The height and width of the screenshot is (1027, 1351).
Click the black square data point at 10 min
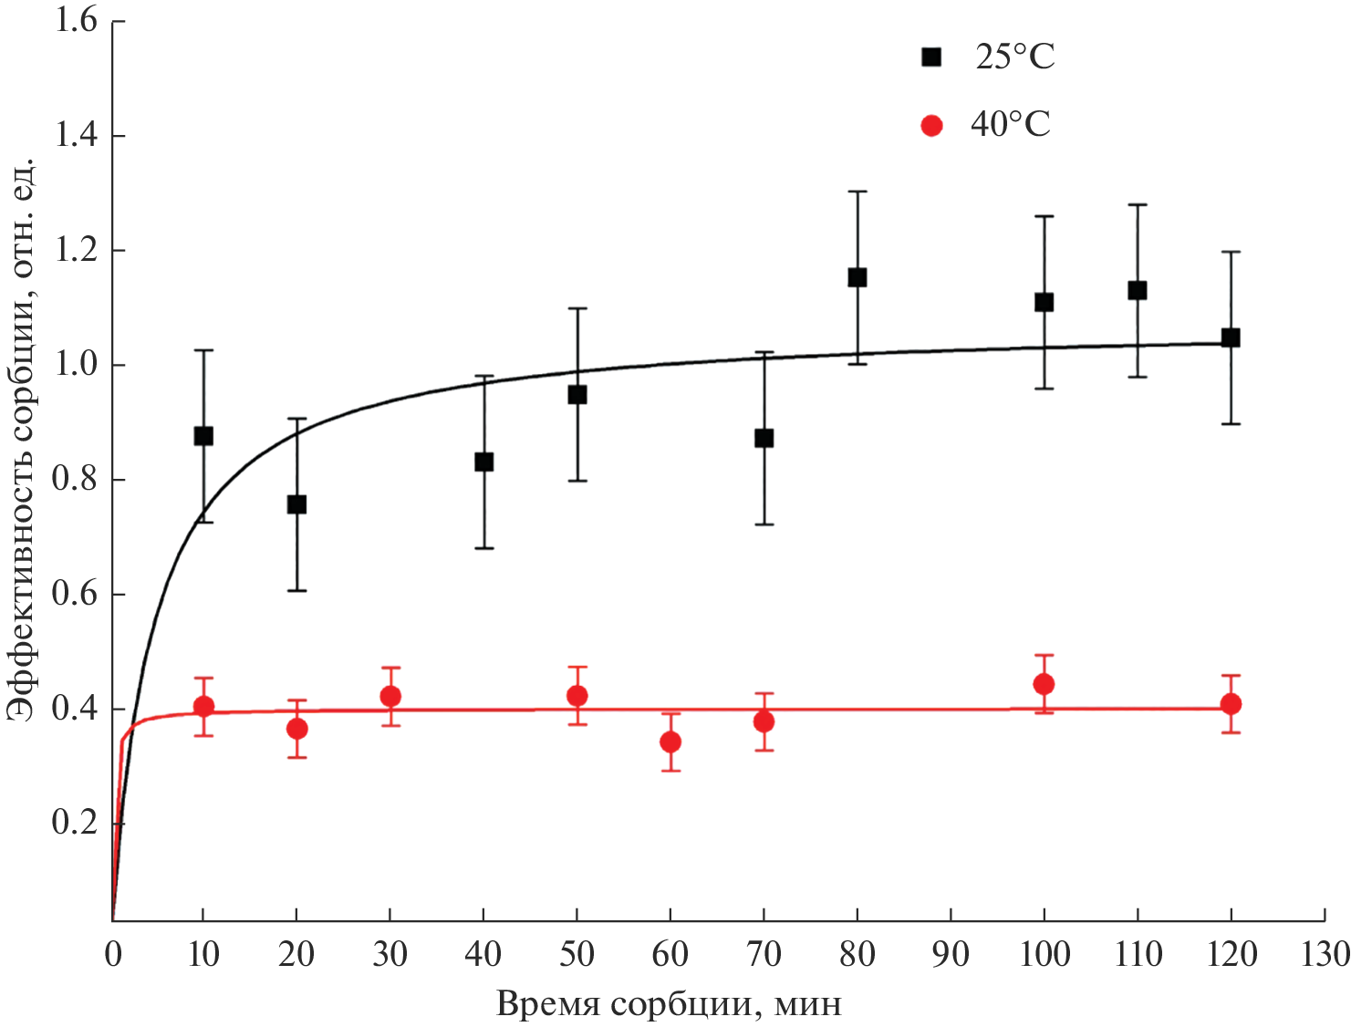203,436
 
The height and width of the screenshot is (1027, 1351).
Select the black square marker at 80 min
857,277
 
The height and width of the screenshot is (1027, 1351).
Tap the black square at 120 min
1231,337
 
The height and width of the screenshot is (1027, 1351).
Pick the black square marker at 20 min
296,504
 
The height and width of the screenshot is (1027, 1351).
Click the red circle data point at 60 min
670,742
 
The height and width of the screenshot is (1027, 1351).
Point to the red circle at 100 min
1044,684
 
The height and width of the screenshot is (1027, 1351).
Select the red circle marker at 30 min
390,696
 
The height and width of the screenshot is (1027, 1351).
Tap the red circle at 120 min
1231,703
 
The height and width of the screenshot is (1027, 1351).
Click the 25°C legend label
1014,57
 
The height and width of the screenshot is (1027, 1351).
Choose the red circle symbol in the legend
931,125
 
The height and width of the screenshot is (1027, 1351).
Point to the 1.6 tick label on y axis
76,21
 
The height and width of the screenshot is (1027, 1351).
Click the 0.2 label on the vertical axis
76,823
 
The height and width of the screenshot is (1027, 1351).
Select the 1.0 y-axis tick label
76,365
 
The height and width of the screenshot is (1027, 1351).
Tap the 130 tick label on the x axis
1324,955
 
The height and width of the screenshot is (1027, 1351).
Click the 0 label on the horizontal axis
112,955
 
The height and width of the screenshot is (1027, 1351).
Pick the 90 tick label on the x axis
951,955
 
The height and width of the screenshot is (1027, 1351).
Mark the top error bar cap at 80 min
857,192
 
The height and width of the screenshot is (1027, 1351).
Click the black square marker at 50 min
577,395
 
